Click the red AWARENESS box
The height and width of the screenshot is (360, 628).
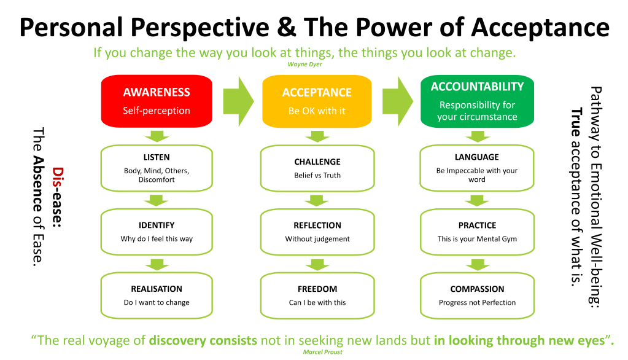pyautogui.click(x=157, y=100)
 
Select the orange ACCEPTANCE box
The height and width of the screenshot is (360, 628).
pyautogui.click(x=317, y=100)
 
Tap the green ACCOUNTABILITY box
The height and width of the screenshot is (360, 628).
pyautogui.click(x=477, y=100)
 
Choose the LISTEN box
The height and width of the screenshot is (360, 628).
pyautogui.click(x=157, y=168)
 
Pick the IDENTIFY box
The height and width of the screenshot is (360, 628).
pyautogui.click(x=157, y=232)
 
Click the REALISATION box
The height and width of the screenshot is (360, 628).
pyautogui.click(x=157, y=295)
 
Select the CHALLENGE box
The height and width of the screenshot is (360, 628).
pyautogui.click(x=317, y=168)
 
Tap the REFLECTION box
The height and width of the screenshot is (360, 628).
pyautogui.click(x=317, y=232)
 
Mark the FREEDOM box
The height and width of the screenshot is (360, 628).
pyautogui.click(x=317, y=295)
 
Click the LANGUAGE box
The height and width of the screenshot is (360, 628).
pyautogui.click(x=477, y=168)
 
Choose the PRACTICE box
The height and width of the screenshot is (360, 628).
pyautogui.click(x=477, y=232)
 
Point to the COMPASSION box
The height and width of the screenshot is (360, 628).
pyautogui.click(x=477, y=295)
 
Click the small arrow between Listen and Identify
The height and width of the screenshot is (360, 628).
pyautogui.click(x=157, y=200)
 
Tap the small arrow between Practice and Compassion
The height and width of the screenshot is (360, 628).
pyautogui.click(x=477, y=264)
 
